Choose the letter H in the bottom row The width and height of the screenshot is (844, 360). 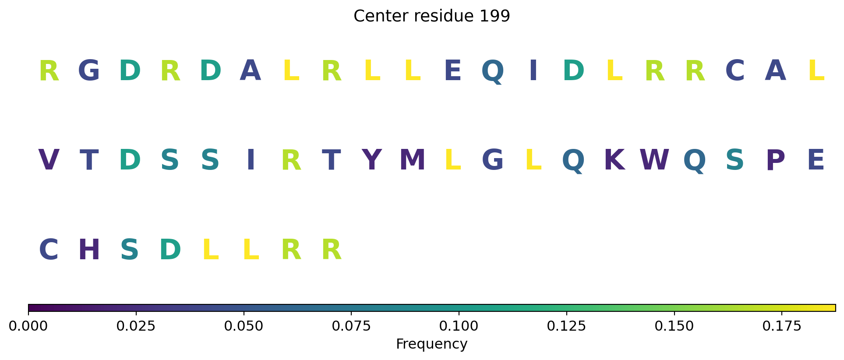click(89, 250)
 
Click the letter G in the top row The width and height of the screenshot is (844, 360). click(89, 70)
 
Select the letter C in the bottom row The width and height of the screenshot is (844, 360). click(49, 250)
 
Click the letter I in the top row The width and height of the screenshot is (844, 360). click(533, 70)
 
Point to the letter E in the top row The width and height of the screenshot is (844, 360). click(452, 70)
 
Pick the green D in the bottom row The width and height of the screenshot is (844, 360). click(170, 250)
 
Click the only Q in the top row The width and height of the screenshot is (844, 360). click(493, 71)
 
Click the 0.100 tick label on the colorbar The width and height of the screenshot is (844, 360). click(459, 326)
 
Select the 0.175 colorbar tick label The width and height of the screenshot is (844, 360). click(781, 326)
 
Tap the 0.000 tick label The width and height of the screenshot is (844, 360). click(28, 326)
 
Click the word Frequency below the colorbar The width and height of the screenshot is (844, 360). click(431, 344)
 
